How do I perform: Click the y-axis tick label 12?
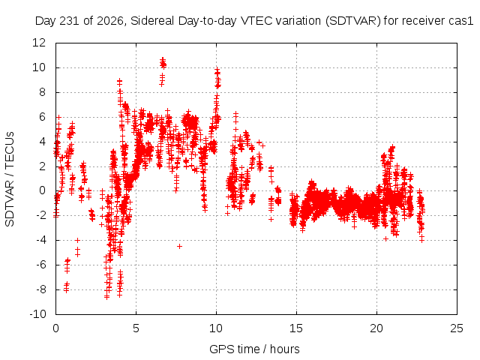[39, 43]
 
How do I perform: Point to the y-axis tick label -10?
[37, 314]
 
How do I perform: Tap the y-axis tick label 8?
[42, 92]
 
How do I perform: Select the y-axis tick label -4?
[40, 240]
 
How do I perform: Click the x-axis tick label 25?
[457, 328]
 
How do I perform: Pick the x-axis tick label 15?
[296, 328]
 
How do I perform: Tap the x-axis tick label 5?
[136, 328]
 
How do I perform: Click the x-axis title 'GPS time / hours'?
[254, 349]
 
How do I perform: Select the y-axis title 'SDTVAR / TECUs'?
[10, 179]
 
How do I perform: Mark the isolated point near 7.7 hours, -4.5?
[180, 246]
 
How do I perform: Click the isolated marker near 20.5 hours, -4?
[385, 238]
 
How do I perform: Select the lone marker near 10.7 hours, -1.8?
[227, 213]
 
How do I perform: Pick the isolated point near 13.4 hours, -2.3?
[271, 219]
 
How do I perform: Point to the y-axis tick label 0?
[42, 190]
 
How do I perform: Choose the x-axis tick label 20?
[376, 328]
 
